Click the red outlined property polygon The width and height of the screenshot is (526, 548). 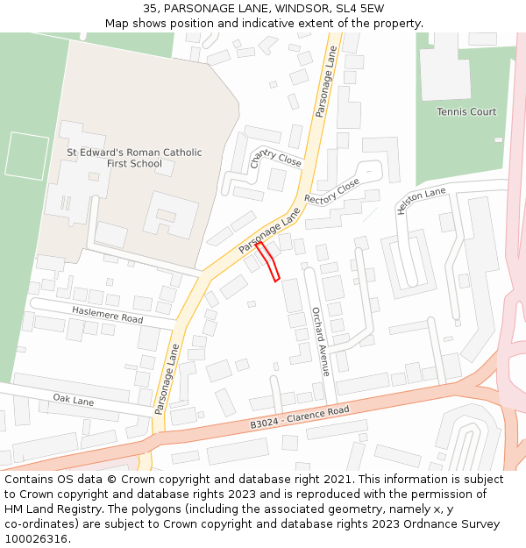click(x=268, y=261)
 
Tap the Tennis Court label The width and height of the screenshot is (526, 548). click(x=466, y=112)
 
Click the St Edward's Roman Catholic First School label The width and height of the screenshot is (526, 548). click(x=134, y=158)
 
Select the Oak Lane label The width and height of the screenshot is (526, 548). click(x=73, y=401)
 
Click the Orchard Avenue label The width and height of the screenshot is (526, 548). click(x=320, y=342)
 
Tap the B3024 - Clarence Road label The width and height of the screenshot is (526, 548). click(x=299, y=417)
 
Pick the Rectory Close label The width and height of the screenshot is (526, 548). click(x=332, y=191)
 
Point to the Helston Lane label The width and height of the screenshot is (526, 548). click(x=422, y=200)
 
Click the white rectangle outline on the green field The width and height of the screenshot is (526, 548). click(x=27, y=155)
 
